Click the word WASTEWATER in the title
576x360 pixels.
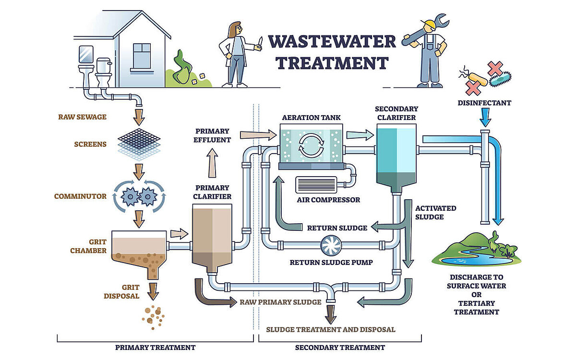(x=332, y=42)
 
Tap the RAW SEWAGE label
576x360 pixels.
(x=82, y=117)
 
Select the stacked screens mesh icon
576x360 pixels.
(x=139, y=142)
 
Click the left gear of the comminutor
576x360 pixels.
(x=129, y=196)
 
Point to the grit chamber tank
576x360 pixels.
(x=139, y=252)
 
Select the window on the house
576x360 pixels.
(x=142, y=55)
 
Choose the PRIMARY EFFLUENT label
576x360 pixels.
(x=213, y=135)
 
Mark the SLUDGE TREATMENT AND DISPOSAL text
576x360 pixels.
(x=331, y=329)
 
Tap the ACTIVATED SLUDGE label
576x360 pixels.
(x=435, y=212)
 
